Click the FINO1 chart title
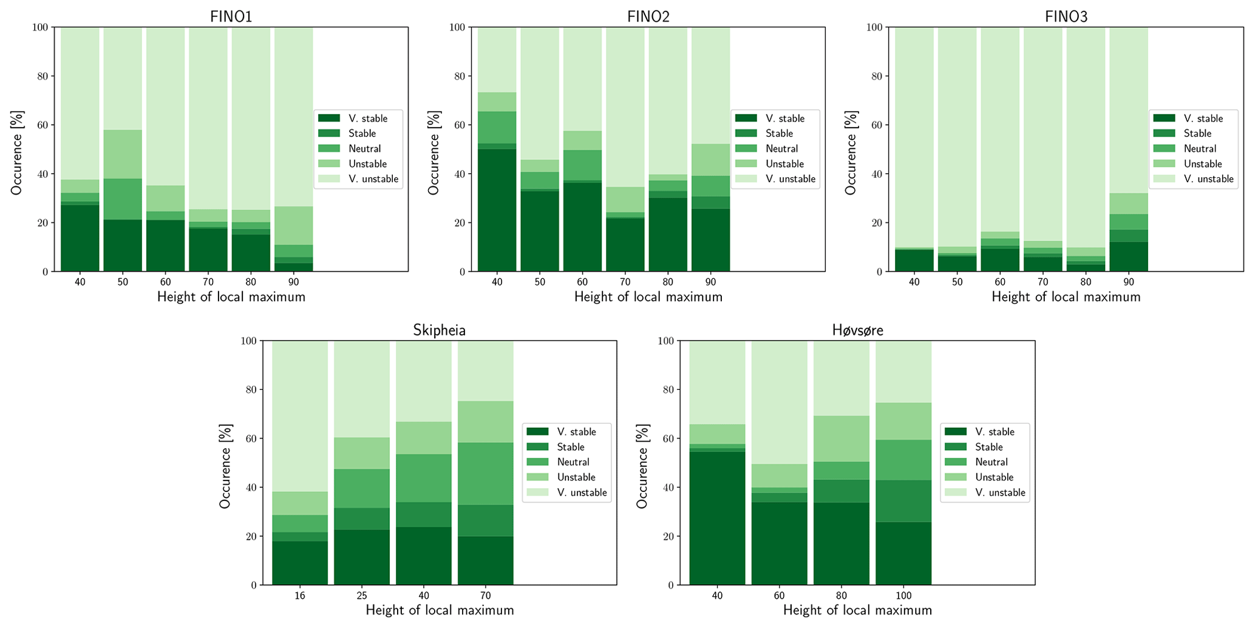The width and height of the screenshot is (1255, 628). (231, 16)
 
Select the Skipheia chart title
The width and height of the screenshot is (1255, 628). (439, 330)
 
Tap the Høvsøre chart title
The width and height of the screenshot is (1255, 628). (857, 330)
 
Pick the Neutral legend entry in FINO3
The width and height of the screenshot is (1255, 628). (1200, 149)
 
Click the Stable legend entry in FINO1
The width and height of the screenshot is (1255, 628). (362, 134)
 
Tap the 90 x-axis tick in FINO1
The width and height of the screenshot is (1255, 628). (293, 282)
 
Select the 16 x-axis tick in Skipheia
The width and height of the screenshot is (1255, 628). (299, 596)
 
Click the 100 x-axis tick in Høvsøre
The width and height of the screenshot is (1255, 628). (903, 596)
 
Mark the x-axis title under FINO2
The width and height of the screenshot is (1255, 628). (648, 297)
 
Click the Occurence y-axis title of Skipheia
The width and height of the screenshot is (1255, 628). (225, 463)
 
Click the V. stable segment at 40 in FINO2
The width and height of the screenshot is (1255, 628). (497, 210)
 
